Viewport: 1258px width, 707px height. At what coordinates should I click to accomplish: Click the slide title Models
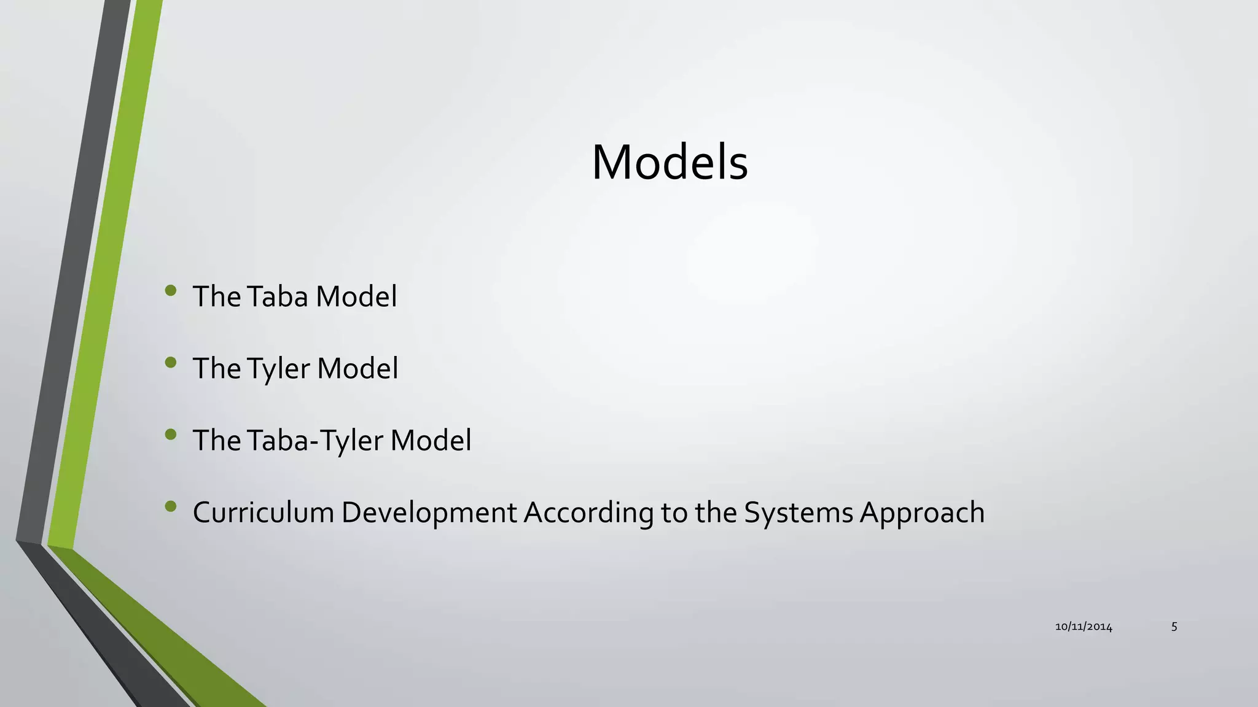[x=670, y=163]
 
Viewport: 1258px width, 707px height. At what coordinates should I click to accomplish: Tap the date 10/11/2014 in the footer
[x=1084, y=627]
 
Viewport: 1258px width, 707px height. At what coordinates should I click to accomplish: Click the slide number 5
[x=1174, y=627]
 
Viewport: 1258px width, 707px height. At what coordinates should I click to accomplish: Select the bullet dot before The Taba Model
[x=171, y=290]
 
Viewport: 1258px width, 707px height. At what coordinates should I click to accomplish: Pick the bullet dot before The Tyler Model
[x=171, y=363]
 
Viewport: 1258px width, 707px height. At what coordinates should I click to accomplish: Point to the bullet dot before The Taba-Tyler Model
[x=171, y=435]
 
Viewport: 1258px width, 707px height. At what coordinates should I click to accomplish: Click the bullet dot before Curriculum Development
[x=171, y=506]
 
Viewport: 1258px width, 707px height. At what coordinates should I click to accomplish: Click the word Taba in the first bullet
[x=278, y=296]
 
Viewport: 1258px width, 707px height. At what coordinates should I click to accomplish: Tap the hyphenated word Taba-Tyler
[x=315, y=441]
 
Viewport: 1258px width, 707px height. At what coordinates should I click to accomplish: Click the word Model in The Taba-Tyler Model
[x=431, y=441]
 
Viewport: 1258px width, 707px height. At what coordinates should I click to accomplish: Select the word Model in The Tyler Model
[x=357, y=369]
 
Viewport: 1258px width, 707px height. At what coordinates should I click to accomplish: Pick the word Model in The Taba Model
[x=356, y=296]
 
